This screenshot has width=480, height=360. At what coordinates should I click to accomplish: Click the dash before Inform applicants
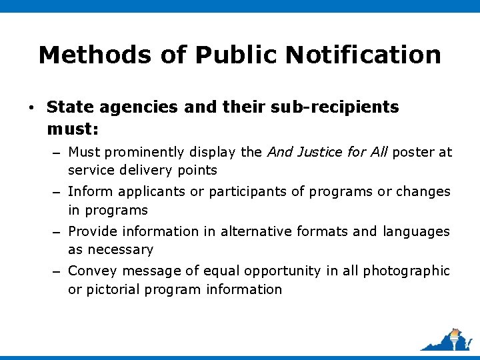click(x=58, y=193)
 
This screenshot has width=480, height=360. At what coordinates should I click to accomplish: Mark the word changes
click(x=423, y=192)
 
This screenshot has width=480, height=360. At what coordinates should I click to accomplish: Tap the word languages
click(x=417, y=231)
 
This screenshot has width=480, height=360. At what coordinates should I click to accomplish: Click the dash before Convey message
click(x=58, y=272)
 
